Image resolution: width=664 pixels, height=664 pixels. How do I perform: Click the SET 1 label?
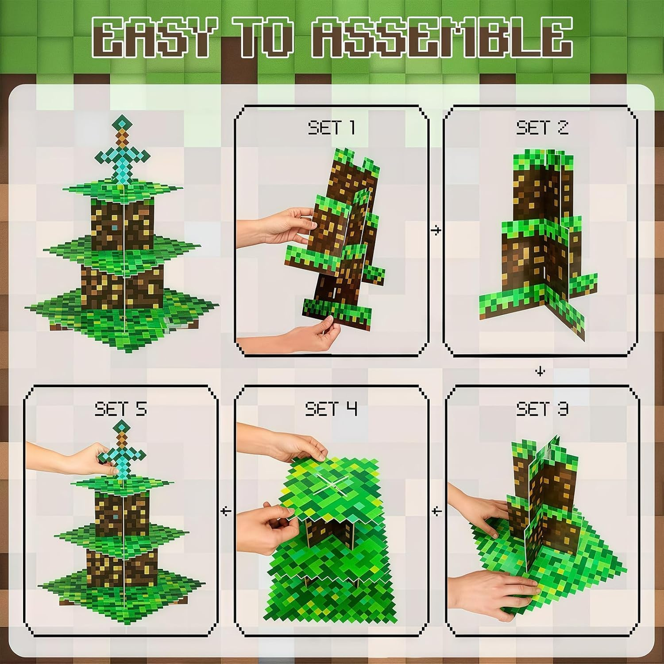coord(332,128)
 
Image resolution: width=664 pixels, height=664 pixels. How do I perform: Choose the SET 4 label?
coord(331,409)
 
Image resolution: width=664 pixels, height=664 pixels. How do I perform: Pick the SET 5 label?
coord(120,409)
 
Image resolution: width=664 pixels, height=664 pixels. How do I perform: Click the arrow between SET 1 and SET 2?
coord(436,231)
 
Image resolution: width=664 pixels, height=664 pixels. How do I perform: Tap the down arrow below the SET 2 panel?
coord(540,371)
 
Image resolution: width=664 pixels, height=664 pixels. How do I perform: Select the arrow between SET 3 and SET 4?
coord(437,512)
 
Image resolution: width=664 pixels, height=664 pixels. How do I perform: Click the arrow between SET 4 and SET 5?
coord(226,512)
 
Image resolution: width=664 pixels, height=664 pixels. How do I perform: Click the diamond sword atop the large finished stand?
coord(123,151)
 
